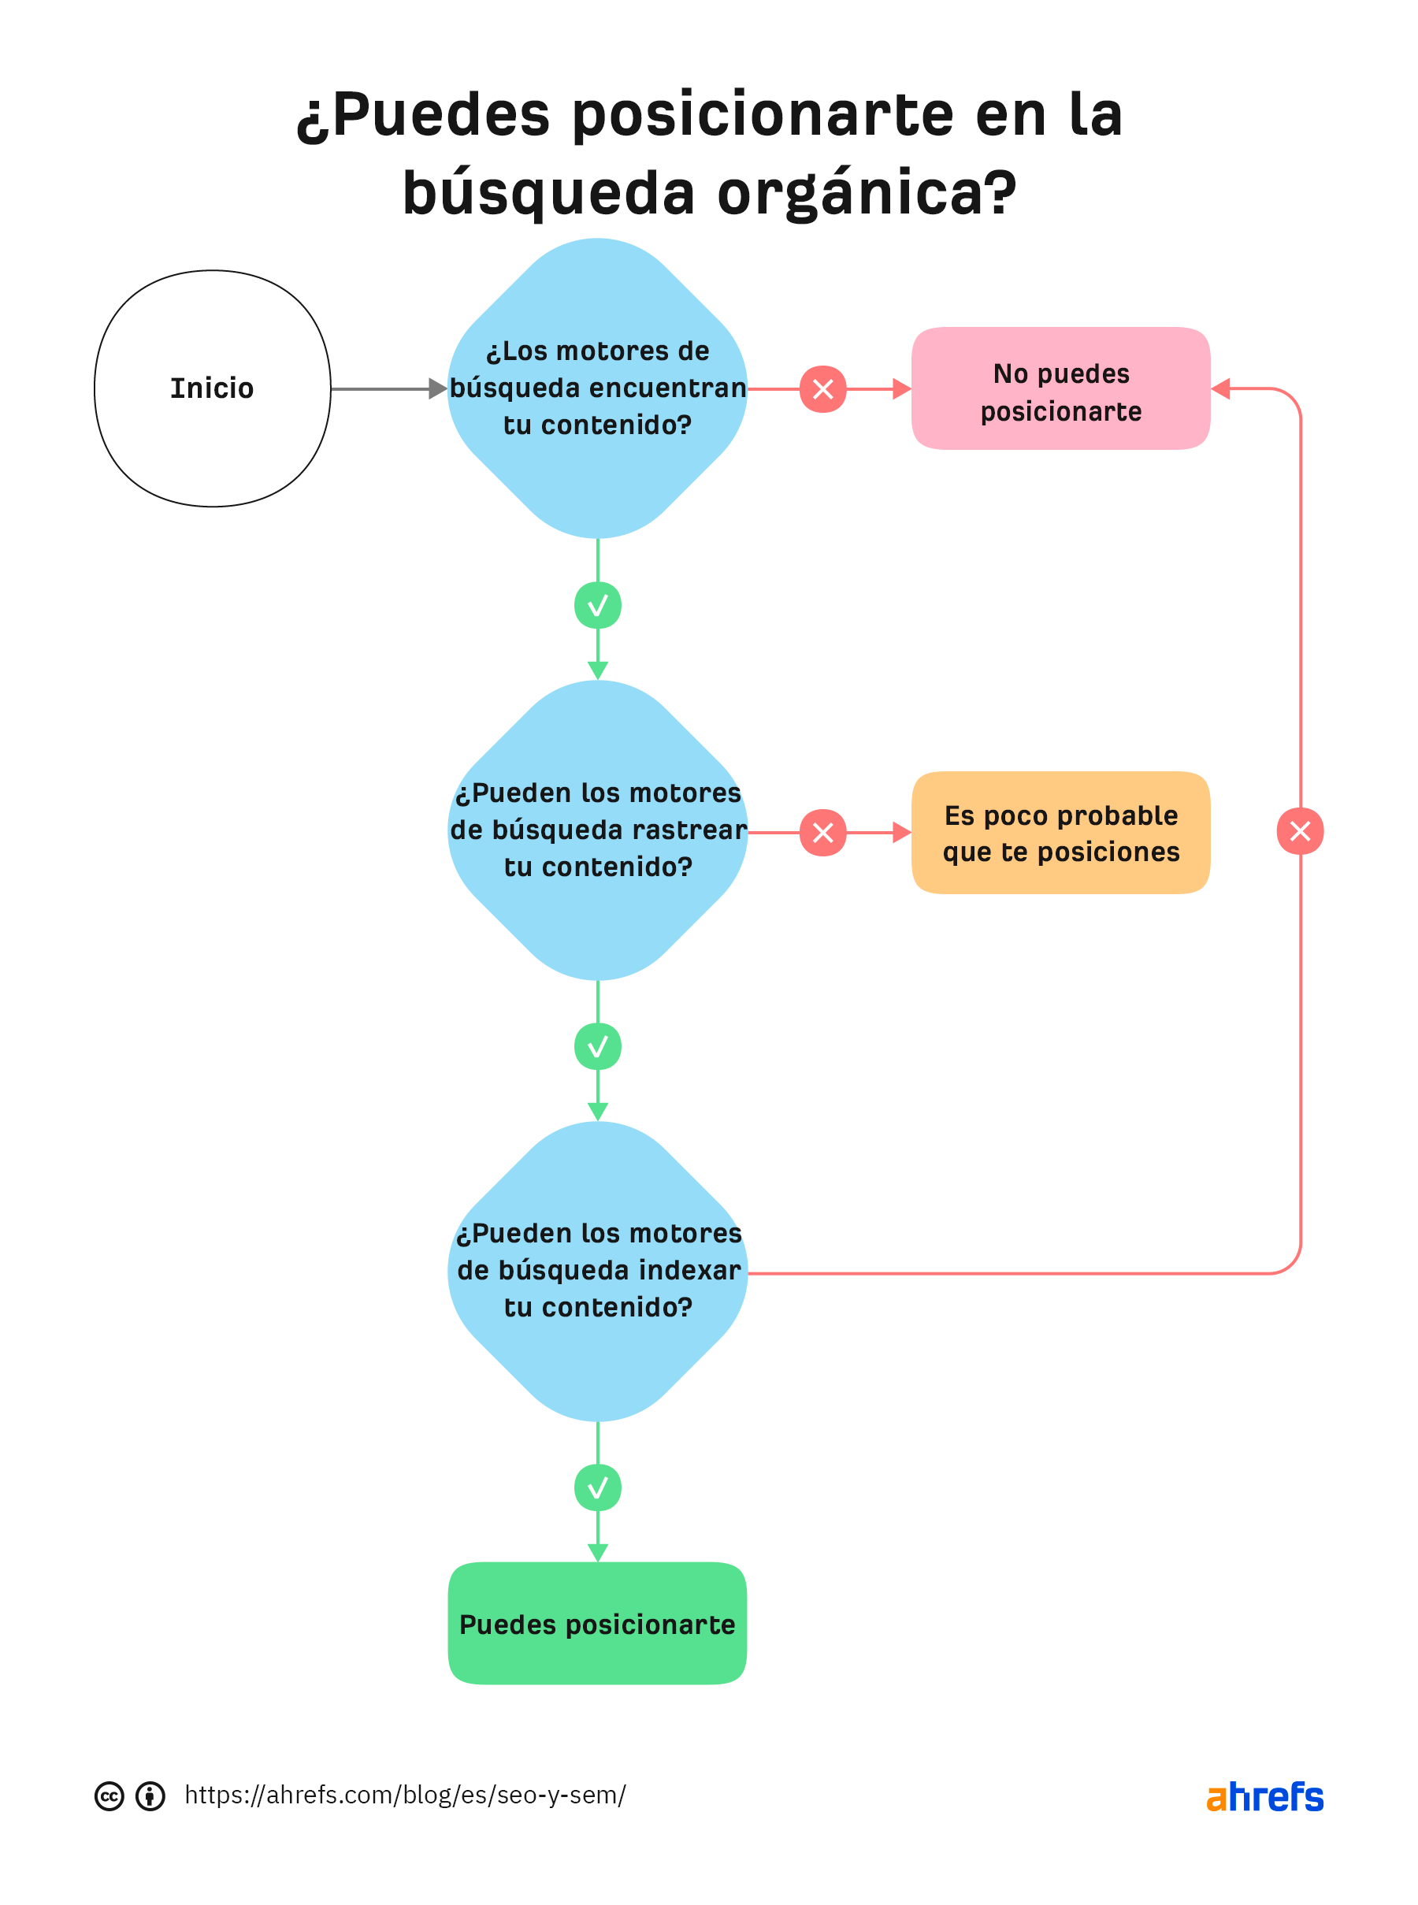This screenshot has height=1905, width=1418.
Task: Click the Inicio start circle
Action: click(x=212, y=388)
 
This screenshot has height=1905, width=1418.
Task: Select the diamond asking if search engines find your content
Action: click(x=597, y=388)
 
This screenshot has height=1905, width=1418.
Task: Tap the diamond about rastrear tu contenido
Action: click(x=597, y=830)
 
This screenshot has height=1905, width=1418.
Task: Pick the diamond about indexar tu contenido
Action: click(x=597, y=1271)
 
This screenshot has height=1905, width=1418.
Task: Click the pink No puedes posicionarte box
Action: click(x=1060, y=389)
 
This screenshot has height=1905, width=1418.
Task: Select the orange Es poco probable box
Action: click(x=1060, y=833)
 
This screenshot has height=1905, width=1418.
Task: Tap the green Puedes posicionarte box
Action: click(x=596, y=1624)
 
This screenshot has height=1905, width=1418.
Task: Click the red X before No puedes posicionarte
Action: click(x=822, y=389)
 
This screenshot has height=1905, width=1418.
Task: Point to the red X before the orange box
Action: click(x=822, y=832)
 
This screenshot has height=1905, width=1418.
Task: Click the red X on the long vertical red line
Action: click(x=1300, y=830)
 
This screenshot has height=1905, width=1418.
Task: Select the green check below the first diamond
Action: click(x=597, y=605)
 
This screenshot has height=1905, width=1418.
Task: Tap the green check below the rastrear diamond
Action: click(x=597, y=1045)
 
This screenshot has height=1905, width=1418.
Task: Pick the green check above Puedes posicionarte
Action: click(x=597, y=1487)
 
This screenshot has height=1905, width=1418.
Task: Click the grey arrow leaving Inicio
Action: click(x=388, y=389)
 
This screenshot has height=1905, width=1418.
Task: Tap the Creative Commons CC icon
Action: click(x=109, y=1796)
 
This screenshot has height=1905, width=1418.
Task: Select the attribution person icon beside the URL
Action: click(x=150, y=1796)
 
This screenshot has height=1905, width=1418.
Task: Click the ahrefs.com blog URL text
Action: click(x=405, y=1794)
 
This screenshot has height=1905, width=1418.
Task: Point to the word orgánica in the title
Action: click(x=867, y=193)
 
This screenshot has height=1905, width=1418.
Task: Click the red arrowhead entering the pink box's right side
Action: click(x=1221, y=389)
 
